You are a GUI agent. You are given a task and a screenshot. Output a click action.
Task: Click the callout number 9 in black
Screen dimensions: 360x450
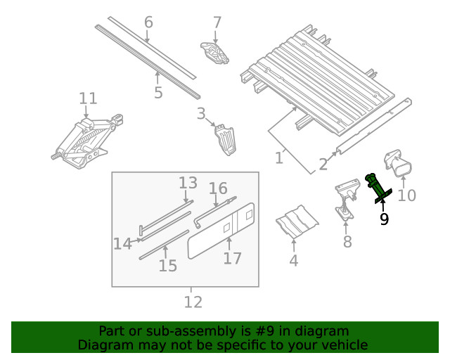[x=384, y=219]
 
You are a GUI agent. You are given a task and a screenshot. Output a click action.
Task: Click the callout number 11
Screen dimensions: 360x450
[x=88, y=98]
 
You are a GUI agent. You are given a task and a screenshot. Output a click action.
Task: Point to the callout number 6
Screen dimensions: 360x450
[x=148, y=22]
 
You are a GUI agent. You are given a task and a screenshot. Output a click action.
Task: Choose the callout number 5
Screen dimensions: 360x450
[x=158, y=92]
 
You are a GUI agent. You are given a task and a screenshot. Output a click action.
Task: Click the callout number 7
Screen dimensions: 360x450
[x=217, y=22]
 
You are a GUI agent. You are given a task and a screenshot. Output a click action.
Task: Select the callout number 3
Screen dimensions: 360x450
[x=201, y=113]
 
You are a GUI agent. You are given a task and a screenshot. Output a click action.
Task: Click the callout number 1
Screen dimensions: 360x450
[x=279, y=158]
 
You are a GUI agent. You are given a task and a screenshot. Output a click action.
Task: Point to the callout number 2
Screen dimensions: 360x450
[x=323, y=165]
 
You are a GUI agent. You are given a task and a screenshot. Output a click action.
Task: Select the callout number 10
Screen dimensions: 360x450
[x=407, y=195]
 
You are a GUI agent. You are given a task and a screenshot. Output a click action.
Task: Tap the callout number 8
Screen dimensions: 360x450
[x=347, y=243]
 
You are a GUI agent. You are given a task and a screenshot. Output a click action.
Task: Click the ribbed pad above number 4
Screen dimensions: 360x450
[x=296, y=224]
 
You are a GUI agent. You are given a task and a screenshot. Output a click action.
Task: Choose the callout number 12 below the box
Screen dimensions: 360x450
[x=193, y=302]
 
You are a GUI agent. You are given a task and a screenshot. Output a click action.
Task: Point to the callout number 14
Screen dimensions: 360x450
[x=122, y=244]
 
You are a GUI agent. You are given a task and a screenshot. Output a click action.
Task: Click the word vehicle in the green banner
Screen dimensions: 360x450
[x=343, y=345]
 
